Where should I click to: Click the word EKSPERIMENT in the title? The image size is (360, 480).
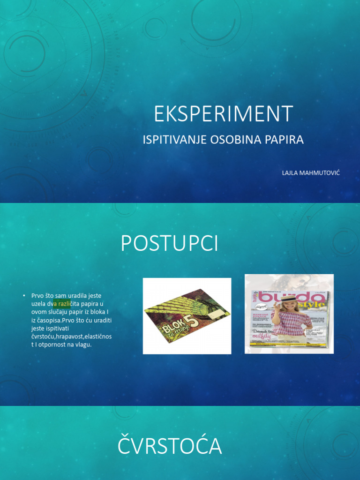coord(224,114)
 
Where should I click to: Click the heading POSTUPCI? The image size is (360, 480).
coord(169,244)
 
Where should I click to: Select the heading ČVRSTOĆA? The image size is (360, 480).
coord(169,446)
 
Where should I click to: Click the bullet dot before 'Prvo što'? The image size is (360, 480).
coord(23,296)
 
